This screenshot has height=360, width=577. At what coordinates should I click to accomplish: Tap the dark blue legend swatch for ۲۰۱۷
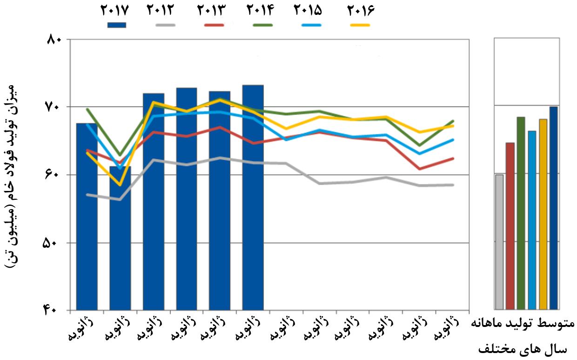116,25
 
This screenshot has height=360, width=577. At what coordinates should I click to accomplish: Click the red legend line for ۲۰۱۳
215,25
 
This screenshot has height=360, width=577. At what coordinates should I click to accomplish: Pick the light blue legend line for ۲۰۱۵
311,25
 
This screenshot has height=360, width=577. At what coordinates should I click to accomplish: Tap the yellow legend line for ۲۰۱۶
358,25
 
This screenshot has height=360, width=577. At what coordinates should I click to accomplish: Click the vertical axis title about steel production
14,175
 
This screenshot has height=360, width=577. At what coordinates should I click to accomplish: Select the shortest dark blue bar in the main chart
120,238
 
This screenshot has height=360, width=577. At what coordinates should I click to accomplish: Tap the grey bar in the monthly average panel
499,242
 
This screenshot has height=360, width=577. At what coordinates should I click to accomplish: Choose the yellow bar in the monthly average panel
543,214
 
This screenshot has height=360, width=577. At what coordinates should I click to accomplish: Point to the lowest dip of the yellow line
120,185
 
